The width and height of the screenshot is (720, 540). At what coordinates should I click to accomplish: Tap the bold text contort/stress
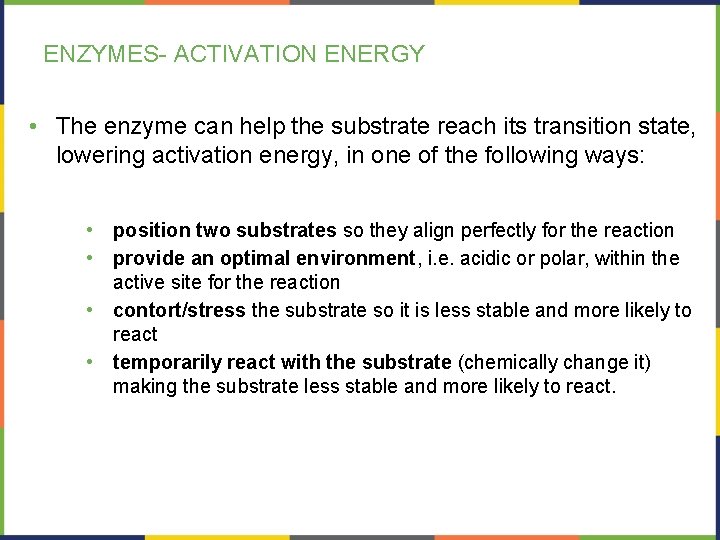[x=179, y=310]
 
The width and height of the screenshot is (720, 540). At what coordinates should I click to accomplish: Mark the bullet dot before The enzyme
[x=34, y=126]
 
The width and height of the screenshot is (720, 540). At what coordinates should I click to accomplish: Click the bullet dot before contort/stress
[x=90, y=310]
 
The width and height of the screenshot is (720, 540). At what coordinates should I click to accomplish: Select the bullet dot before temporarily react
[x=90, y=362]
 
